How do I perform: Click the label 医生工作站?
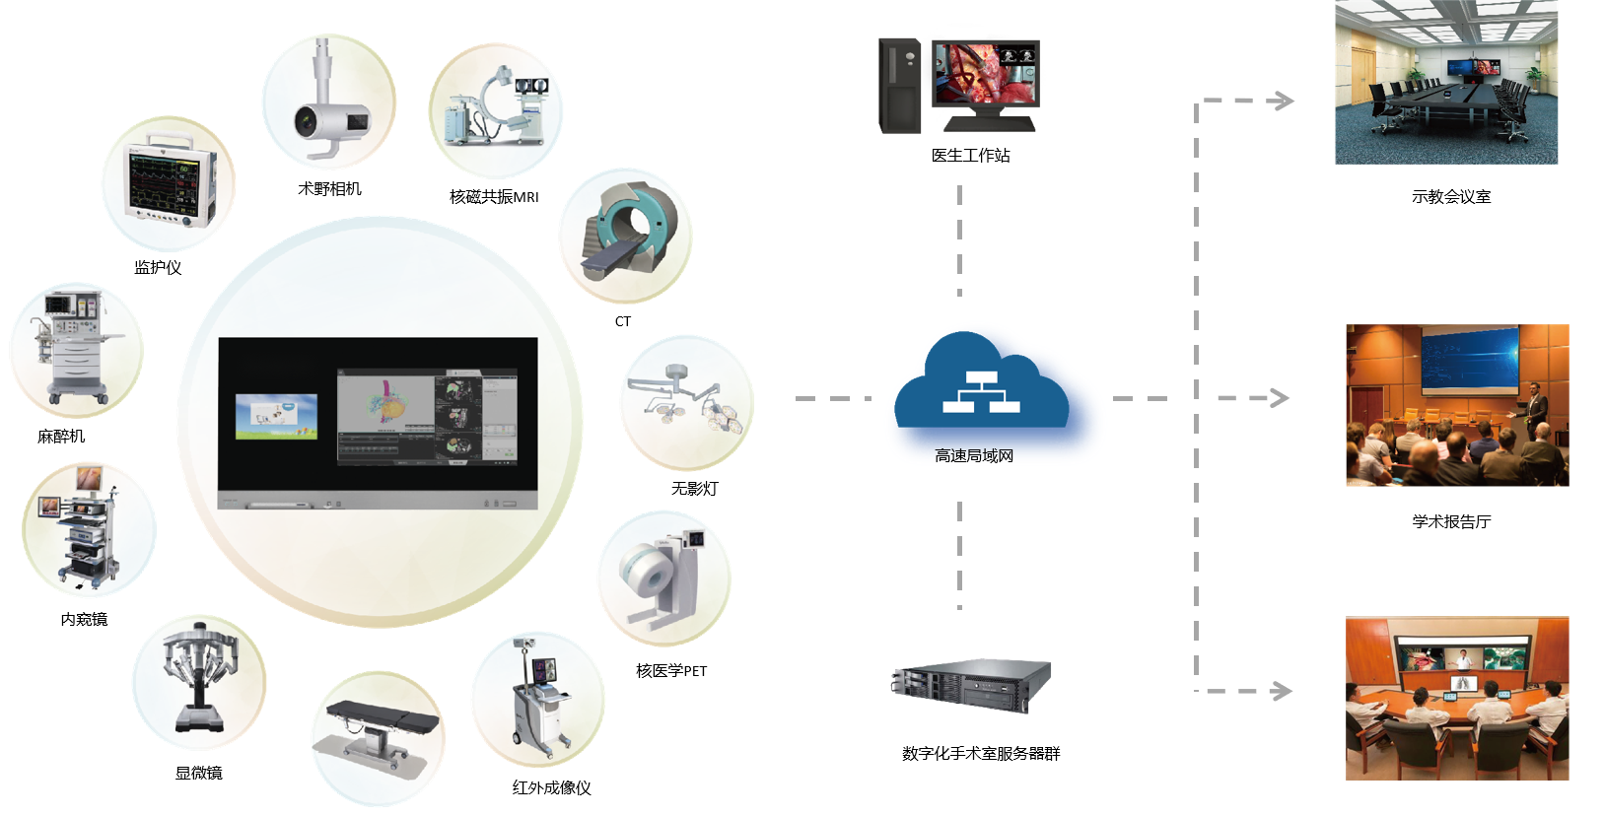point(970,156)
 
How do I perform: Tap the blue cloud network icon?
point(981,383)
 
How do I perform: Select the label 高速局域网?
point(974,455)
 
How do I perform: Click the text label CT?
point(622,321)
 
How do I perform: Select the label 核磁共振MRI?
point(494,197)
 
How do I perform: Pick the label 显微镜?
point(198,773)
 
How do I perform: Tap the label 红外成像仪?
point(551,787)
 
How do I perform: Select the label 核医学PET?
point(671,671)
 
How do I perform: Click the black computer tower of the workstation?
point(899,86)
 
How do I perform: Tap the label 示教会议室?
point(1450,197)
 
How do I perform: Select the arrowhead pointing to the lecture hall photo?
point(1279,398)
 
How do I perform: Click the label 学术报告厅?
point(1450,521)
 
